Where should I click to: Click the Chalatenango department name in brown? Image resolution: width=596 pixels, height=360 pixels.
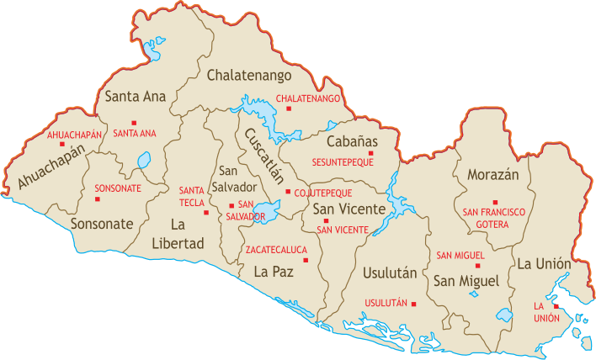pyautogui.click(x=249, y=77)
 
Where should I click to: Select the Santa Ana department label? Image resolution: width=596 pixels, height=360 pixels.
pyautogui.click(x=136, y=96)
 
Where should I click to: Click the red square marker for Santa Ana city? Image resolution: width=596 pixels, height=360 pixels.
pyautogui.click(x=134, y=123)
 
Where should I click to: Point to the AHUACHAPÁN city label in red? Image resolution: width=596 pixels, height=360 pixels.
pyautogui.click(x=75, y=135)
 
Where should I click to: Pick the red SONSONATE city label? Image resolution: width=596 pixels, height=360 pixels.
pyautogui.click(x=117, y=188)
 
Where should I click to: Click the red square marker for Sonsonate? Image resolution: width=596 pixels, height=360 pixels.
pyautogui.click(x=97, y=199)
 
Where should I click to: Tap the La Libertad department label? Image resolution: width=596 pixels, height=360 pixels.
pyautogui.click(x=187, y=234)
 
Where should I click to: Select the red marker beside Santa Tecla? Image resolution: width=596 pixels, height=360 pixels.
pyautogui.click(x=206, y=212)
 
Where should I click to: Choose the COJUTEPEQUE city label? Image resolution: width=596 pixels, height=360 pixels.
pyautogui.click(x=323, y=193)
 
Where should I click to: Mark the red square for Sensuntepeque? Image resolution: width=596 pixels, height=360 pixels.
pyautogui.click(x=370, y=152)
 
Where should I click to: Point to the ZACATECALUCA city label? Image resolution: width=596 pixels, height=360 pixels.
pyautogui.click(x=277, y=250)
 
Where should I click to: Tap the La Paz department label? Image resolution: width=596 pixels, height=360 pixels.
pyautogui.click(x=274, y=271)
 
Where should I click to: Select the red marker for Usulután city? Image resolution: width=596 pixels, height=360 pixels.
pyautogui.click(x=413, y=304)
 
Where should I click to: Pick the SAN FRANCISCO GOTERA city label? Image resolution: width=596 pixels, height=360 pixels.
pyautogui.click(x=492, y=219)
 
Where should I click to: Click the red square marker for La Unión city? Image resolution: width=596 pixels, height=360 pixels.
pyautogui.click(x=556, y=306)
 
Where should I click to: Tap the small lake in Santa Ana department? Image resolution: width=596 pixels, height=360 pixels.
pyautogui.click(x=144, y=159)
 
